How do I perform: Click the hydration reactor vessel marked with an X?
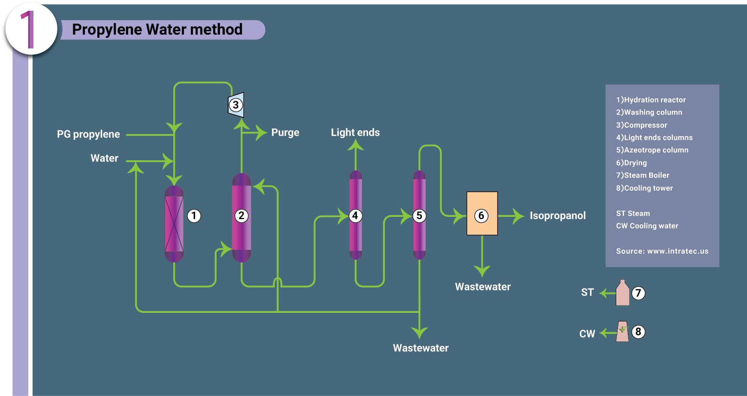[174, 224]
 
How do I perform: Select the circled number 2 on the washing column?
[241, 216]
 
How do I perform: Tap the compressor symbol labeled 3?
[236, 105]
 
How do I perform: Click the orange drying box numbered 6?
[482, 213]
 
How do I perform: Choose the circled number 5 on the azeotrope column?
[419, 216]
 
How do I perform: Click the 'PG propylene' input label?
[88, 134]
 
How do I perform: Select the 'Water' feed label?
[104, 158]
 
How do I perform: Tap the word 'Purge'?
[285, 132]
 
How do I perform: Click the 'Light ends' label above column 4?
[355, 132]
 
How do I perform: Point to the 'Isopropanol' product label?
[557, 216]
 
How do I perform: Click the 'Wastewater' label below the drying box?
[482, 287]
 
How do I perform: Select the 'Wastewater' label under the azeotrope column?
[421, 348]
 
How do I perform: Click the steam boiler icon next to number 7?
[622, 293]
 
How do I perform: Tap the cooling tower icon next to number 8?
[622, 332]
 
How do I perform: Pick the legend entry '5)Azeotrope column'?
[652, 150]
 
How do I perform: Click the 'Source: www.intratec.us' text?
[662, 251]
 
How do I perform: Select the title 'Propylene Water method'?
[157, 30]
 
